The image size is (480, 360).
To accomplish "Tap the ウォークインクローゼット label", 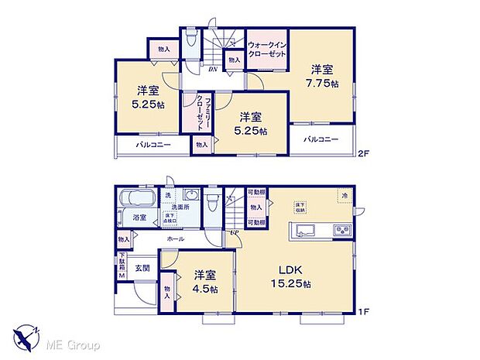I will tap(267, 49).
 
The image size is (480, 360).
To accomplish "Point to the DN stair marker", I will tap(211, 68).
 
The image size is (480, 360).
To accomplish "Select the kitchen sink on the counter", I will tap(303, 231).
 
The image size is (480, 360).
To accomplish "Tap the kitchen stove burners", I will tap(341, 231).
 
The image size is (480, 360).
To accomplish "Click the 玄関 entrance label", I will tap(142, 268).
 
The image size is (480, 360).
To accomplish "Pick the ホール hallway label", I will tap(175, 240).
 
